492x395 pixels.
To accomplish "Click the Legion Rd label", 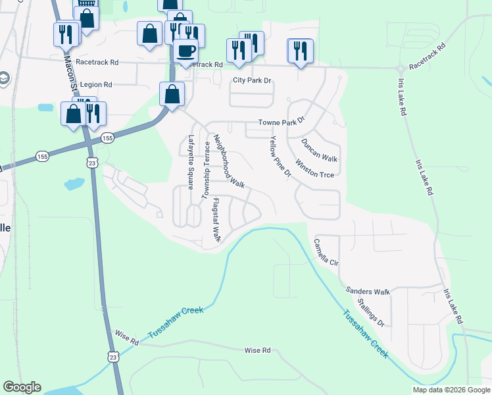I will pyautogui.click(x=95, y=85).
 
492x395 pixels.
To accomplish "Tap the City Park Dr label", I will pyautogui.click(x=253, y=80).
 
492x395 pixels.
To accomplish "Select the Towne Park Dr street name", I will pyautogui.click(x=282, y=122).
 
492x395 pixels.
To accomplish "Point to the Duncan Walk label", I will pyautogui.click(x=319, y=150).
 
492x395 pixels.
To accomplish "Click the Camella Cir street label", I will pyautogui.click(x=326, y=251).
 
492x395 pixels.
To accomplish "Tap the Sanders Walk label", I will pyautogui.click(x=368, y=291).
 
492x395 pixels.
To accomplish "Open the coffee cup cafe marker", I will pyautogui.click(x=185, y=50).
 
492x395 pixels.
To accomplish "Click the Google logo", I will pyautogui.click(x=22, y=387).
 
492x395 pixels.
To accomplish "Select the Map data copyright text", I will pyautogui.click(x=451, y=390).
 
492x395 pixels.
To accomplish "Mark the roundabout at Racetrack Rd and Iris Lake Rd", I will pyautogui.click(x=400, y=69).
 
